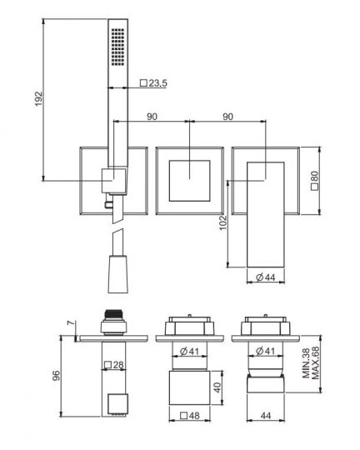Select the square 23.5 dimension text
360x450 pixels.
(155, 82)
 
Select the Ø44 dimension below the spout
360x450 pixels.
(267, 277)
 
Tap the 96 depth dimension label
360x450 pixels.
(55, 375)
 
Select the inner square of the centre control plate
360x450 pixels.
(192, 177)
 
